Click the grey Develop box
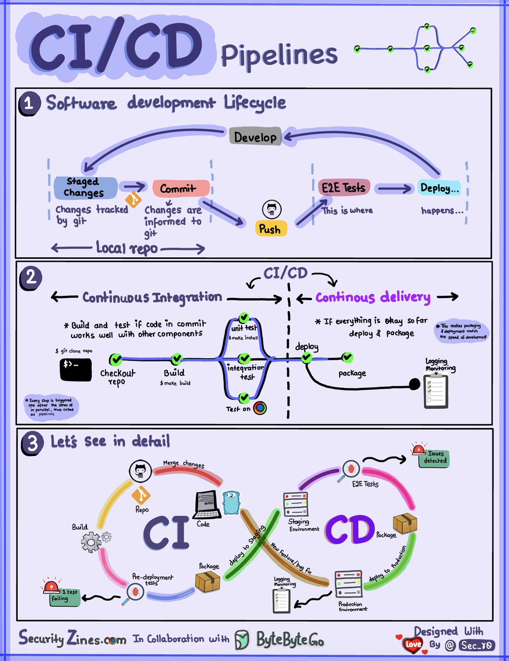(255, 137)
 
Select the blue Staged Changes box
(85, 187)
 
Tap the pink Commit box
(181, 188)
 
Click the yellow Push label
(270, 229)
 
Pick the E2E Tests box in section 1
(343, 187)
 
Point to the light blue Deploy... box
(439, 188)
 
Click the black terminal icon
(76, 369)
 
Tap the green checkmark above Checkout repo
(116, 360)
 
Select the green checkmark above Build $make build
(177, 359)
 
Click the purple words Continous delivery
(373, 297)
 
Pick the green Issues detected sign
(433, 458)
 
